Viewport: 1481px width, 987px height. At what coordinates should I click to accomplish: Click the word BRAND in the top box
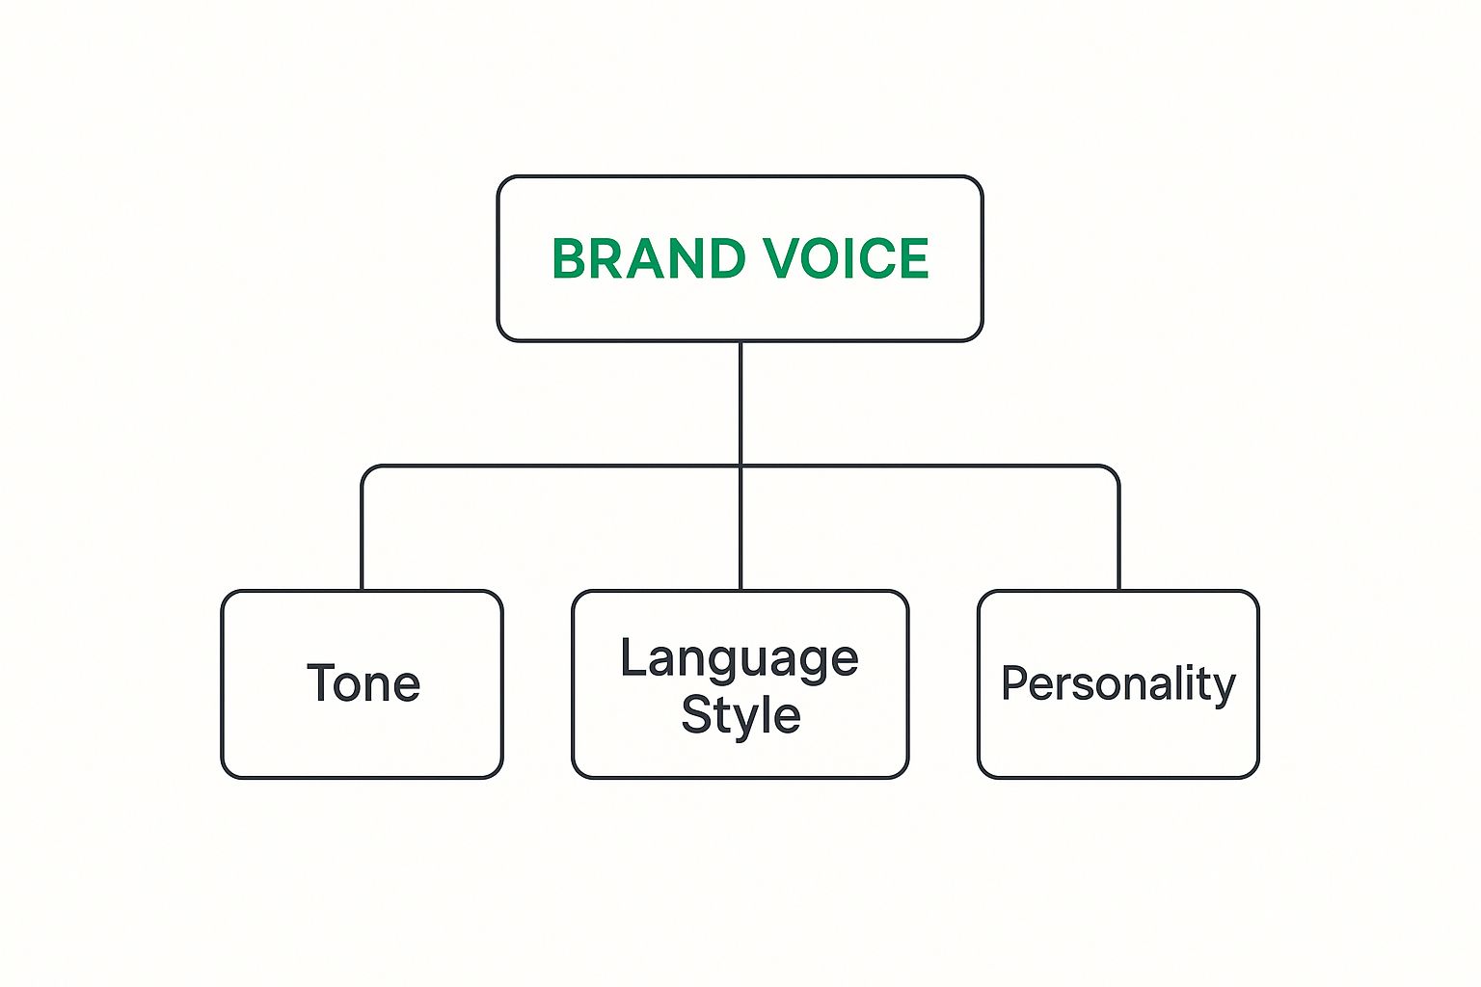point(649,258)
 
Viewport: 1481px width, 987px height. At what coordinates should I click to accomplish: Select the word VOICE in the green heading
point(847,258)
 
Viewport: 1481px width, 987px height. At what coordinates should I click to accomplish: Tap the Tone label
point(364,682)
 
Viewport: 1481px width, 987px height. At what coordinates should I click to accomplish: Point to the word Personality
point(1118,685)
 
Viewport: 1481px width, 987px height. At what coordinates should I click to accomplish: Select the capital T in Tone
point(322,681)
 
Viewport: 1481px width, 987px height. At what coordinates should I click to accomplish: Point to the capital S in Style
point(695,714)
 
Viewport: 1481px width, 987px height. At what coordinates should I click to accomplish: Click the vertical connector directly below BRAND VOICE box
point(740,403)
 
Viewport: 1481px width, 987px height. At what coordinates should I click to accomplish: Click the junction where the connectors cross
point(740,467)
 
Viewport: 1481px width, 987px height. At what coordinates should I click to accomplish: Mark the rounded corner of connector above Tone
point(366,470)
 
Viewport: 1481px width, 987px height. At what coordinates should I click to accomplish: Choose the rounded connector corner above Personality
point(1114,470)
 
